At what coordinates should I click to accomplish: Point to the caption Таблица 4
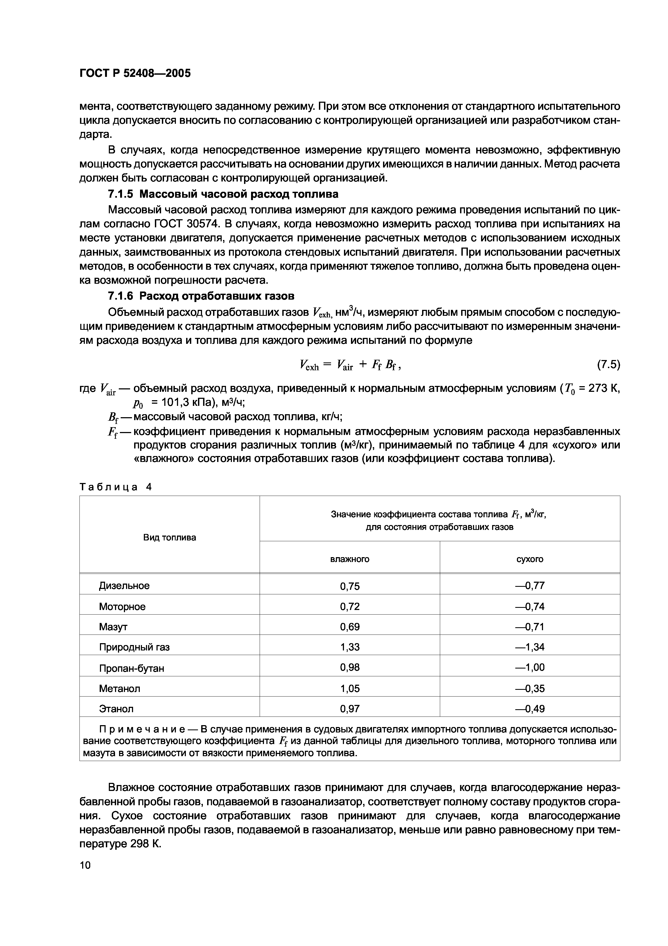tap(116, 487)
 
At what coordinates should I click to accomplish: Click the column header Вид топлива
tap(170, 537)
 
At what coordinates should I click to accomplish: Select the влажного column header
tap(350, 559)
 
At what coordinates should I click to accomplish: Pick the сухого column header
tap(530, 559)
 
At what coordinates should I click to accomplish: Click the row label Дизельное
tap(124, 585)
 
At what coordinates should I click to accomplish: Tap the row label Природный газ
tap(134, 647)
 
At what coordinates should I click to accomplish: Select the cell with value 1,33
tap(350, 647)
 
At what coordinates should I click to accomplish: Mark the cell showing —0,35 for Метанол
tap(530, 688)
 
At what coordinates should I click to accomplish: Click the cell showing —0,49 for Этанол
tap(530, 709)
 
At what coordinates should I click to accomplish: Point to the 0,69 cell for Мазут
tap(350, 627)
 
